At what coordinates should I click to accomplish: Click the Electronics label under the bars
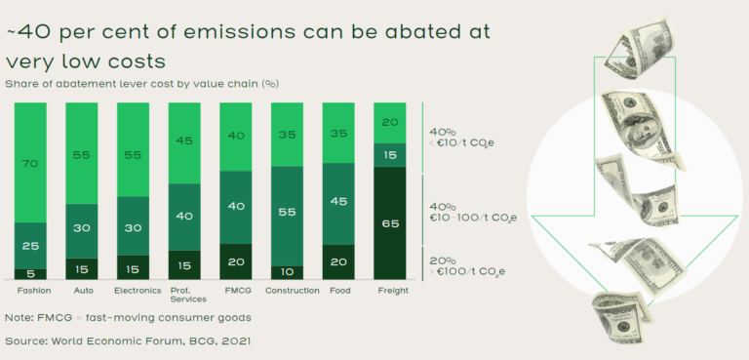click(x=138, y=291)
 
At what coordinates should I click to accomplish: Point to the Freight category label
click(x=392, y=291)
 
